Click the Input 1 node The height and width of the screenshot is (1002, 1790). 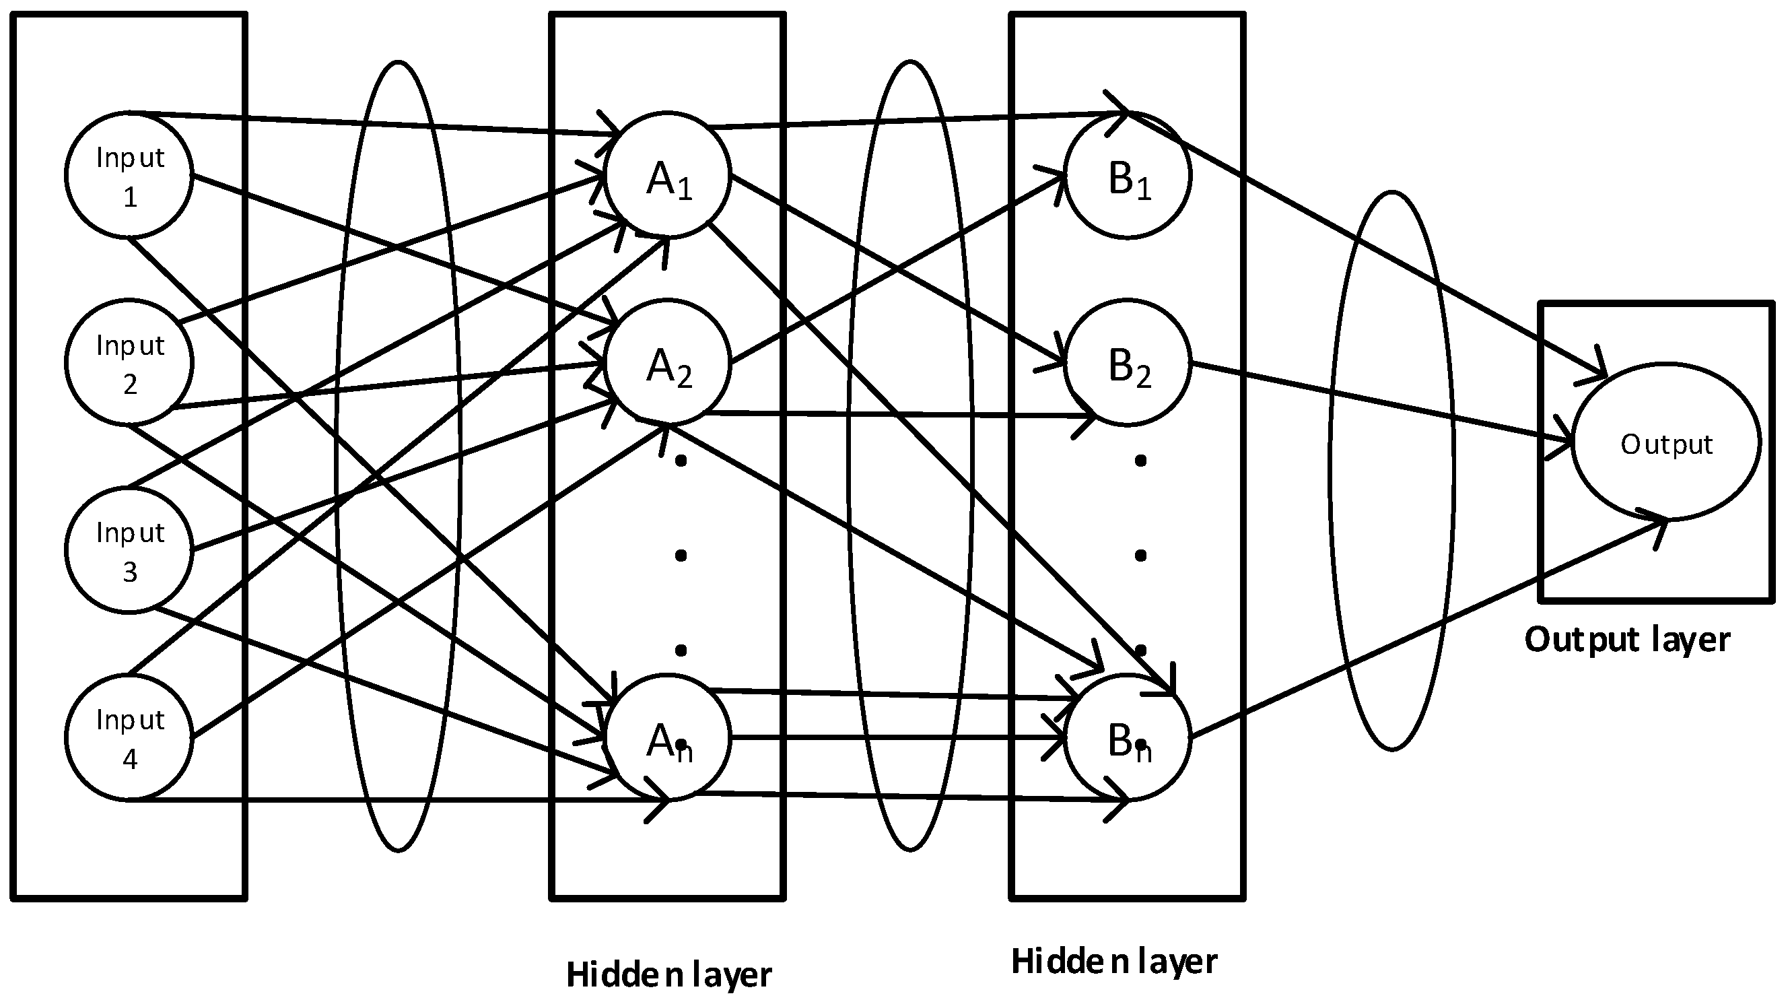[129, 175]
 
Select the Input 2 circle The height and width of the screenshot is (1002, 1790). [129, 362]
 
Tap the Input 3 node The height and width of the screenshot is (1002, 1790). [129, 550]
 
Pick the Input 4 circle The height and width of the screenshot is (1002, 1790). [129, 737]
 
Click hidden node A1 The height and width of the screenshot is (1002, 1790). [668, 175]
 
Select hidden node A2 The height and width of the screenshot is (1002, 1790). [668, 362]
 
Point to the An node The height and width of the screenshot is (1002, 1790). [668, 737]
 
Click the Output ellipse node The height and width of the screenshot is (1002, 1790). [1665, 442]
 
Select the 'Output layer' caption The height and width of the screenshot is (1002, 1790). [1626, 639]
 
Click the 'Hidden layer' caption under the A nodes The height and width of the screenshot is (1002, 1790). [668, 974]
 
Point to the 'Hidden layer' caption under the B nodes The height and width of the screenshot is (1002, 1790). [1114, 962]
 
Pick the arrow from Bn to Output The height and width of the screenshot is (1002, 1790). [1424, 629]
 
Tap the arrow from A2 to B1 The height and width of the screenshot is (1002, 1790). [897, 268]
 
